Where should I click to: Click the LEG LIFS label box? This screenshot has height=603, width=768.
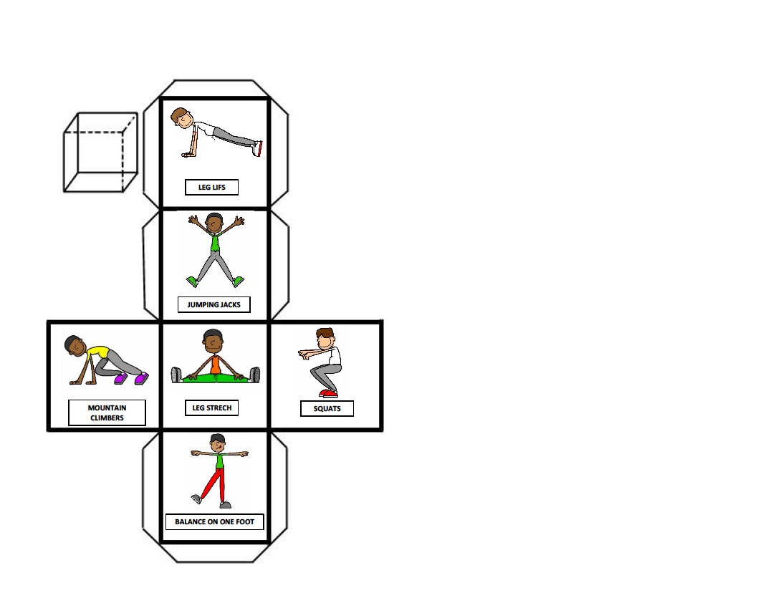click(211, 188)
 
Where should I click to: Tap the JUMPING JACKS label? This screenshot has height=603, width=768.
click(213, 304)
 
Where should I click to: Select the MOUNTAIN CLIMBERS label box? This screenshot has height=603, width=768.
click(107, 413)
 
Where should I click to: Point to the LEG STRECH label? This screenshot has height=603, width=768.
click(211, 407)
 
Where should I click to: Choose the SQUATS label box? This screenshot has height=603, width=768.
click(327, 409)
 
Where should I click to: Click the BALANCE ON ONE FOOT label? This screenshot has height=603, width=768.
click(214, 521)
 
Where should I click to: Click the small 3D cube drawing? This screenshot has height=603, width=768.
click(100, 152)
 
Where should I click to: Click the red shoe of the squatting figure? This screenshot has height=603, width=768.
click(328, 393)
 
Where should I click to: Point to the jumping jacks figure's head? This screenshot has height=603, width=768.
click(214, 223)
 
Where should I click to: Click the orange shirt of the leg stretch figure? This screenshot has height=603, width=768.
click(214, 365)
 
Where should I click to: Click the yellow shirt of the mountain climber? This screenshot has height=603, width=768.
click(97, 352)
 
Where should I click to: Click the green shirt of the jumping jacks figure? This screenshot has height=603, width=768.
click(215, 243)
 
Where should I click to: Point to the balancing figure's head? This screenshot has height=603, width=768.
click(218, 442)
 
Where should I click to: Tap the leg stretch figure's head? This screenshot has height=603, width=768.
click(213, 339)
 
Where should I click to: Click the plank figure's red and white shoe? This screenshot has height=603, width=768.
click(257, 148)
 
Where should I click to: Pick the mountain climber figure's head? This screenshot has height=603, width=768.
click(74, 344)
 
